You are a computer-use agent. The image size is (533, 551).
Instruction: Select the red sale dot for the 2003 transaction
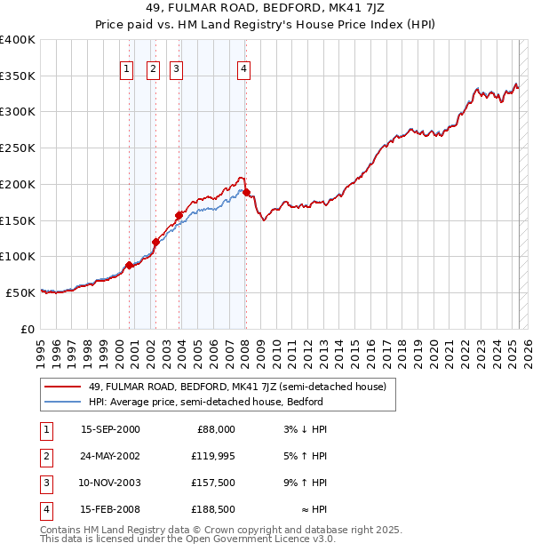click(179, 214)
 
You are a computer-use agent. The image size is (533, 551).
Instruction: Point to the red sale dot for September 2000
click(130, 265)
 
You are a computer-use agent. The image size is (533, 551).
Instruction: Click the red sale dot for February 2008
click(246, 192)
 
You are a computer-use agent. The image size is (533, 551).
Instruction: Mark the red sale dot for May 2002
click(155, 242)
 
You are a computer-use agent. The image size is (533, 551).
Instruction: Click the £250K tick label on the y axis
click(18, 148)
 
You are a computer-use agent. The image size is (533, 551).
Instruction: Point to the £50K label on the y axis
click(20, 291)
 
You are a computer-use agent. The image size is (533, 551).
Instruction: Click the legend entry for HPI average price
click(205, 402)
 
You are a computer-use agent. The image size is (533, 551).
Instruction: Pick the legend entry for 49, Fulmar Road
click(236, 387)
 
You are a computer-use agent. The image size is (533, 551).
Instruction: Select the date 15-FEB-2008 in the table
click(110, 510)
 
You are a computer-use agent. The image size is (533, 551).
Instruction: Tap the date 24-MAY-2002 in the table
click(110, 457)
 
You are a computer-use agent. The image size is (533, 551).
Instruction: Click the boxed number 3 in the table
click(44, 484)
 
